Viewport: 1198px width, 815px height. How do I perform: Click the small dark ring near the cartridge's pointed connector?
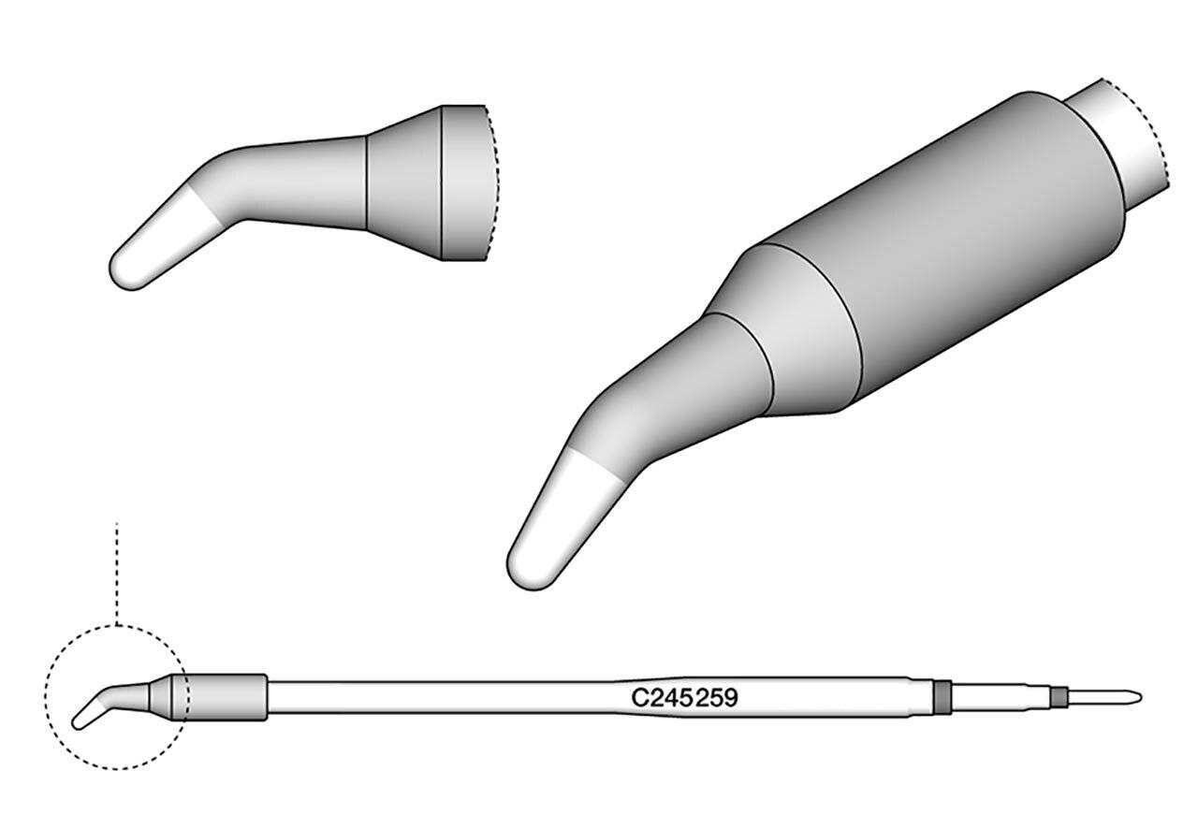1059,697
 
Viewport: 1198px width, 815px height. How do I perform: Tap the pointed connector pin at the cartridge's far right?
1104,697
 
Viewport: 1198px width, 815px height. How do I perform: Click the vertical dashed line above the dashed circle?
115,571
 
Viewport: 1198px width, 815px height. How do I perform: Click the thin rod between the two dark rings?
1001,697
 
